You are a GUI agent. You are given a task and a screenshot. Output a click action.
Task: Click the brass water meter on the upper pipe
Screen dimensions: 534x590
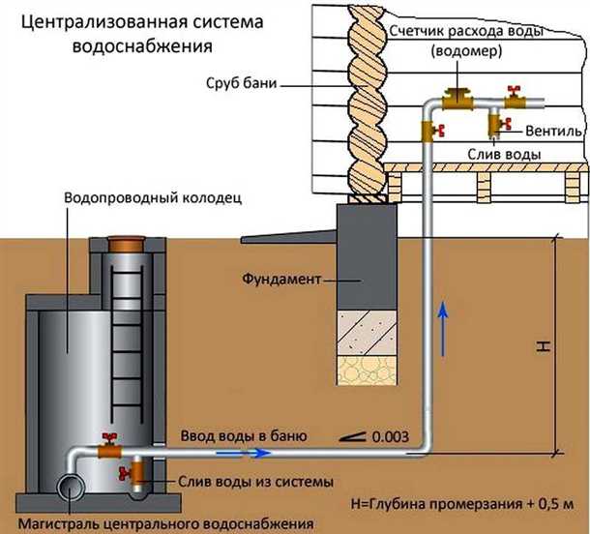point(455,99)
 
